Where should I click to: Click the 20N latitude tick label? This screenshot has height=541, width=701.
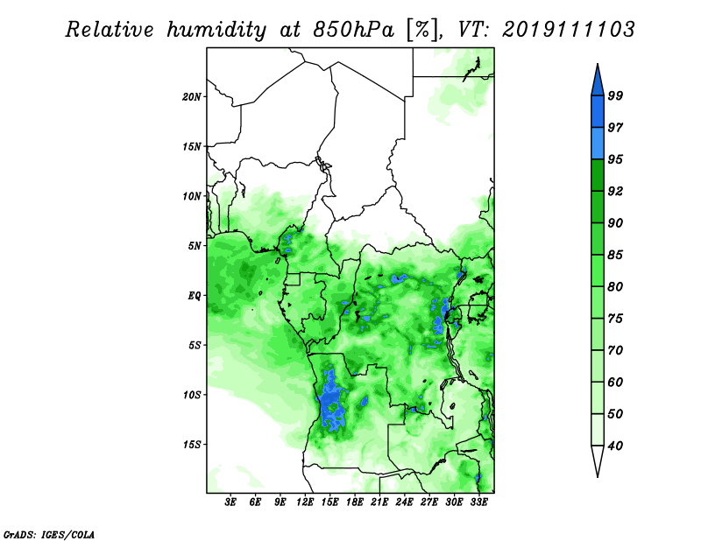[x=191, y=97]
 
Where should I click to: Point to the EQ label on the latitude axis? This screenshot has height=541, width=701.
[x=194, y=296]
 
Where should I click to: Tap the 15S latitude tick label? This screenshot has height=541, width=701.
[x=192, y=445]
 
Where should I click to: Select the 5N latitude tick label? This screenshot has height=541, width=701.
[x=195, y=246]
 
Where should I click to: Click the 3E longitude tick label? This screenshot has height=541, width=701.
[x=230, y=502]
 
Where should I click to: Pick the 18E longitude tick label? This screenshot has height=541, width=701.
[x=355, y=502]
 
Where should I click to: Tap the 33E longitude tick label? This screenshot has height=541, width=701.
[x=478, y=502]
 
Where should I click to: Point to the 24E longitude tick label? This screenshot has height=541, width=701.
[x=404, y=502]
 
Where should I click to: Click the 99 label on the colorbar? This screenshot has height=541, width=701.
[x=615, y=95]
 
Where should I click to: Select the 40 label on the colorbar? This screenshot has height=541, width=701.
[x=615, y=446]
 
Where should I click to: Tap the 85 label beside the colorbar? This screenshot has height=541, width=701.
[x=615, y=255]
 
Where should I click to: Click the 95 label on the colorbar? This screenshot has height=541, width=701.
[x=615, y=159]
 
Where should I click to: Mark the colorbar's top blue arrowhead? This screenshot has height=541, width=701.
[x=598, y=82]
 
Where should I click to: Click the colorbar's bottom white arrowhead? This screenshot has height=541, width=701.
[x=598, y=459]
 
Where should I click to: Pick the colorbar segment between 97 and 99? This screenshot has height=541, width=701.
[x=598, y=112]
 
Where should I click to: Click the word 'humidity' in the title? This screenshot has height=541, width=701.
[x=216, y=30]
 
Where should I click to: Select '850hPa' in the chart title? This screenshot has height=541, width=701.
[x=353, y=30]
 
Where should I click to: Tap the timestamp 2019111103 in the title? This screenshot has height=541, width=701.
[x=568, y=30]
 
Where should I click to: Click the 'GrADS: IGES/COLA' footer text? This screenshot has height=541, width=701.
[x=49, y=535]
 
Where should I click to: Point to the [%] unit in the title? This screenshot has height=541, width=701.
[x=421, y=30]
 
